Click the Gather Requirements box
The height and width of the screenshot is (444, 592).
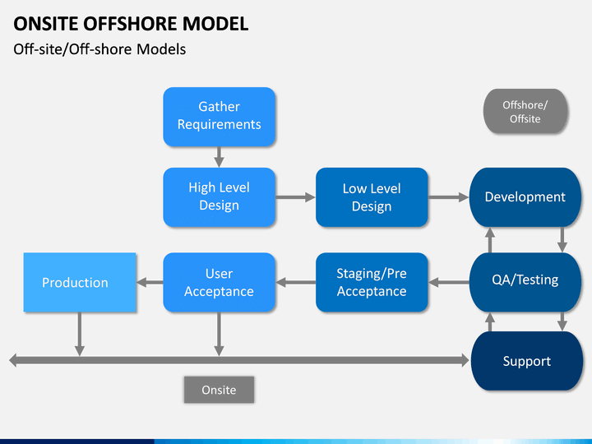point(219,117)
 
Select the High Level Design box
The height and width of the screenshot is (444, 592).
point(219,197)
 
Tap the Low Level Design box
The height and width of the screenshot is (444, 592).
point(372,197)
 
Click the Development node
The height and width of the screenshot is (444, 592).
point(525,197)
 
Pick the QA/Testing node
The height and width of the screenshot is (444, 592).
point(525,282)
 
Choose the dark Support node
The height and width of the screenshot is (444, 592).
point(527,361)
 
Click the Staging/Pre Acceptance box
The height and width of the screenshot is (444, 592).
point(372,282)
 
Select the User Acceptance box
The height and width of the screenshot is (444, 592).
point(219,282)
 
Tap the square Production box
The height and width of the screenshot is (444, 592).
point(80,282)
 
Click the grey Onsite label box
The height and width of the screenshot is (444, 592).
point(219,390)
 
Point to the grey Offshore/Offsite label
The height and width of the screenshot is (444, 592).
point(525,111)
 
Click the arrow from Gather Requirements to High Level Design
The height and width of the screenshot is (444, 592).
point(219,157)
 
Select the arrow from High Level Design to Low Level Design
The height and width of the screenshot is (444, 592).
point(295,197)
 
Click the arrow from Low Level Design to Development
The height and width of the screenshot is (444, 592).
point(449,197)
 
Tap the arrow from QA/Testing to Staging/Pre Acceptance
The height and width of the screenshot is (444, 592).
point(449,282)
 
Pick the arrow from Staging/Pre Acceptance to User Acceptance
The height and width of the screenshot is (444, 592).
point(296,282)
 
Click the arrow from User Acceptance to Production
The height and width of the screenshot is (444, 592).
point(150,282)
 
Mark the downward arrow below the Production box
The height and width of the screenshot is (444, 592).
point(79,334)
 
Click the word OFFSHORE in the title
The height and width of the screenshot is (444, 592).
point(130,23)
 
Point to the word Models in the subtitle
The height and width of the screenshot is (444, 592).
point(161,49)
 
